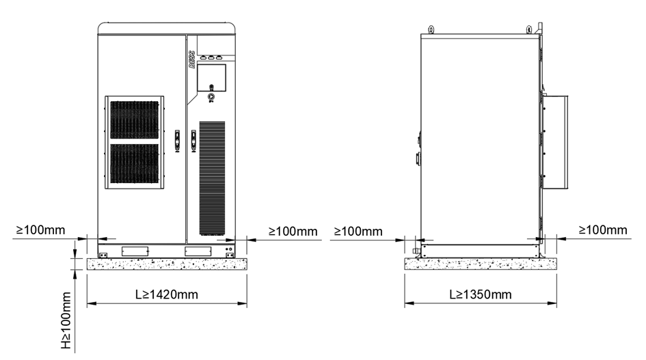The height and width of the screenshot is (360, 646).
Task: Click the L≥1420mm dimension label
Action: [x=166, y=294]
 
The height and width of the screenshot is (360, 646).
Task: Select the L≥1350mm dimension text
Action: [x=481, y=294]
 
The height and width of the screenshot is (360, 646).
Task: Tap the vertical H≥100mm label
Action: [x=66, y=320]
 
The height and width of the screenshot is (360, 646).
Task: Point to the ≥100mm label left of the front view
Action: [x=40, y=230]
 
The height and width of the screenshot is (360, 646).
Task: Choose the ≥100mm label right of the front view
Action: [x=293, y=232]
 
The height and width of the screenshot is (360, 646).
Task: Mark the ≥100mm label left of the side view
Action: [x=358, y=232]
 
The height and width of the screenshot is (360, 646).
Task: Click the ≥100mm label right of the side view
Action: [x=603, y=230]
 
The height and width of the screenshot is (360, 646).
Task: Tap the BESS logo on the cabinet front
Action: [x=191, y=59]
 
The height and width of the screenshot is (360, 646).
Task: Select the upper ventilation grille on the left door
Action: [x=134, y=120]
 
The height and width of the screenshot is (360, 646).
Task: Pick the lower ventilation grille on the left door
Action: [x=134, y=163]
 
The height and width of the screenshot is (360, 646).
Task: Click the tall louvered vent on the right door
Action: [x=212, y=178]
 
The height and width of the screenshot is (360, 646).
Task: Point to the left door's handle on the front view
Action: [x=178, y=141]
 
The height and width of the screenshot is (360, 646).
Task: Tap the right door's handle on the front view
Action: [x=193, y=141]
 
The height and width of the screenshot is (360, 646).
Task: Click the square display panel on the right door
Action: [x=211, y=78]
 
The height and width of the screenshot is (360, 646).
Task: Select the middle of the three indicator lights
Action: [x=211, y=58]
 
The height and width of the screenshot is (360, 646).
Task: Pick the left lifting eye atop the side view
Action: [x=431, y=29]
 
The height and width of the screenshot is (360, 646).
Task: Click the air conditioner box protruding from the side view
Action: [x=555, y=142]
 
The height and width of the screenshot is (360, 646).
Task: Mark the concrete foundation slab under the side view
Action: [x=481, y=264]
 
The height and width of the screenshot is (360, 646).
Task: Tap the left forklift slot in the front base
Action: [x=135, y=251]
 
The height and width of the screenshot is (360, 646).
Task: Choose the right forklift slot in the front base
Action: [x=198, y=251]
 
